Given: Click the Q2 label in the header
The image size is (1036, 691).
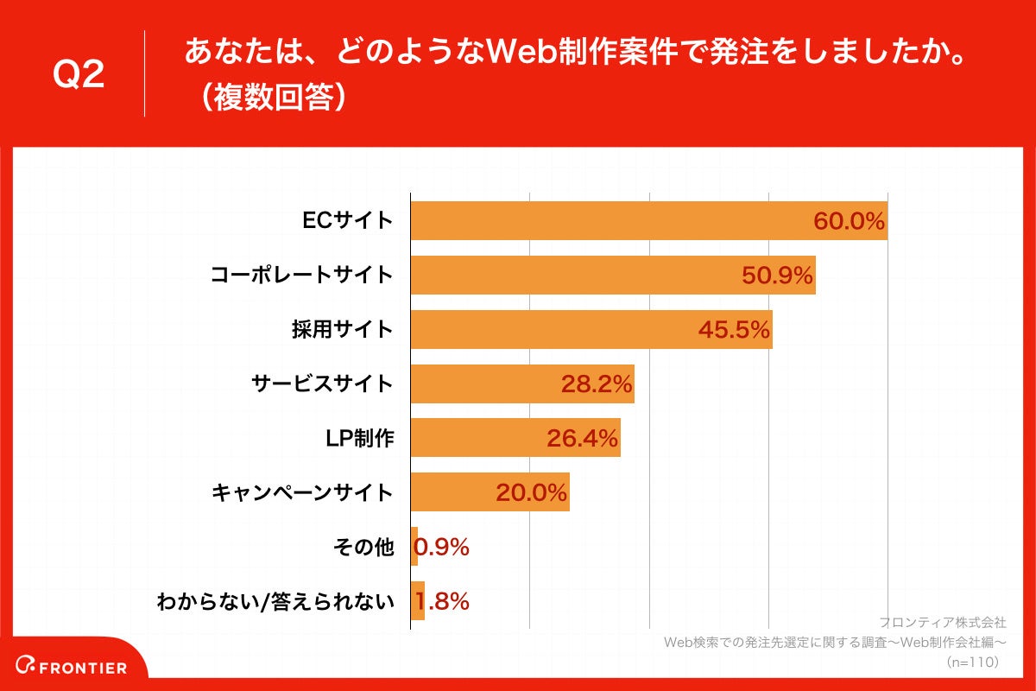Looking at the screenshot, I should tap(79, 74).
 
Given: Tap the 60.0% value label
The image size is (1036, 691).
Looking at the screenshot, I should tap(849, 222).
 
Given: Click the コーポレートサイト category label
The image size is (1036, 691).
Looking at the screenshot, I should tap(302, 276).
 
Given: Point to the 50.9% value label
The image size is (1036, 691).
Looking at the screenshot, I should tap(777, 276).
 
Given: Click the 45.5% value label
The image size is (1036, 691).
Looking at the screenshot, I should tap(734, 331).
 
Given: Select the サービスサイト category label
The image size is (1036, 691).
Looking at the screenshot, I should tap(322, 384).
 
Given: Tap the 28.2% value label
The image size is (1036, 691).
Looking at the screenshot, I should tap(597, 385).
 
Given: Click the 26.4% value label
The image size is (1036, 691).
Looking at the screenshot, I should tap(582, 440).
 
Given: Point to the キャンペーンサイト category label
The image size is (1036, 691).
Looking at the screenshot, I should tap(302, 493).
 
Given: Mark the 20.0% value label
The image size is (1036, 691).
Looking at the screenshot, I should tap(531, 493).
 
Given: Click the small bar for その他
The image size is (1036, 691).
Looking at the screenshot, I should tap(414, 547).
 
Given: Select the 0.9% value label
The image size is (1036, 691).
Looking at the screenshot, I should tap(443, 548).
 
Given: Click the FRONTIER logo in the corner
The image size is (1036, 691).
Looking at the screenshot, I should tap(73, 667).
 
